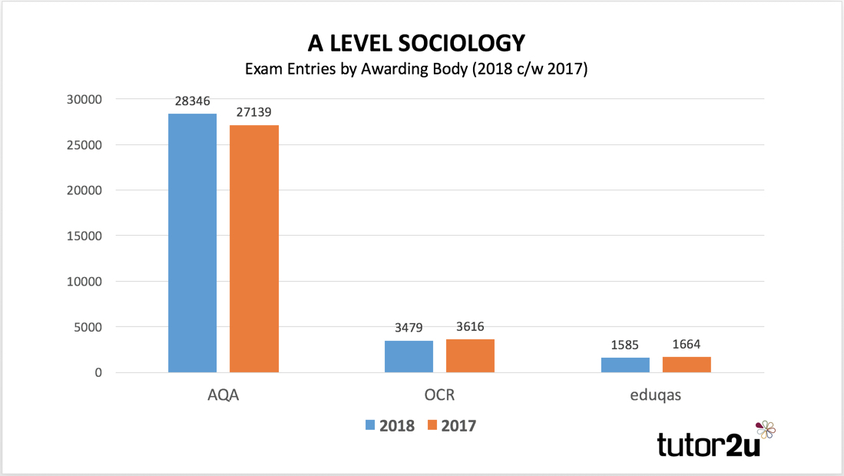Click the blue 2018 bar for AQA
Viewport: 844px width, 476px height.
192,243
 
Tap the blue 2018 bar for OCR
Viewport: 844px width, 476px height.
409,356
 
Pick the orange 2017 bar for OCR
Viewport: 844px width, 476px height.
470,355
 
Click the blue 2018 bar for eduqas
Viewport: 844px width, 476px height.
625,365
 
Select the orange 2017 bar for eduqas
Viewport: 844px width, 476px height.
687,365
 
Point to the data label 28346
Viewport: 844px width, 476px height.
192,101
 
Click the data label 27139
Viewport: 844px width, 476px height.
254,112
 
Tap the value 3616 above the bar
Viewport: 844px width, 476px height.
470,327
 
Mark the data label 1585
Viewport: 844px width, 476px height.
625,345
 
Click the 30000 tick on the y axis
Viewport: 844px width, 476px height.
84,100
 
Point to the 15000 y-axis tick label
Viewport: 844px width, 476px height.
84,236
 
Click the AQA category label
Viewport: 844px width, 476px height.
223,396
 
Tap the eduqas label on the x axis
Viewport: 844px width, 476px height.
655,396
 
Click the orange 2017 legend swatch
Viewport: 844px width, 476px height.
431,425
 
